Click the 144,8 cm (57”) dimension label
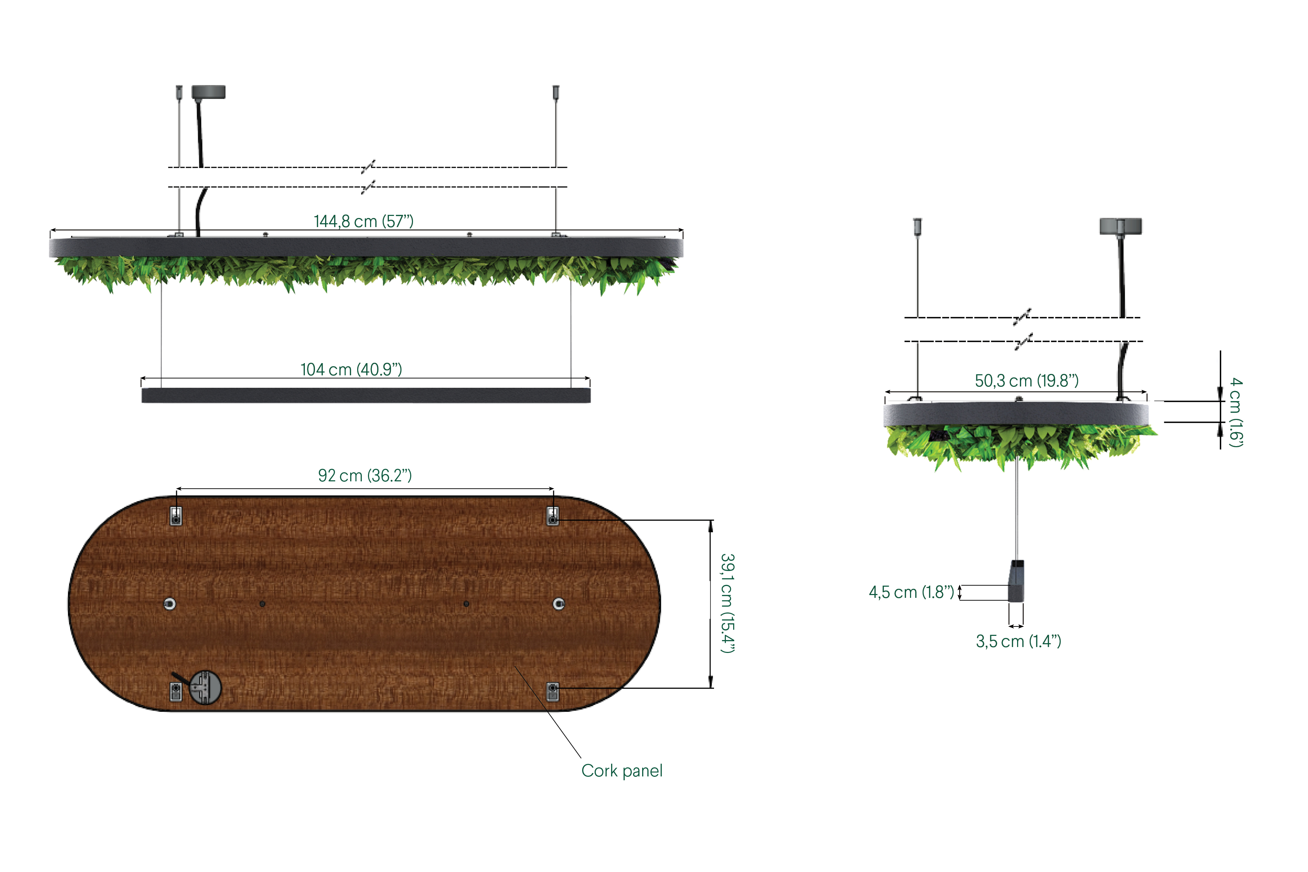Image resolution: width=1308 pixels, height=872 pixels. point(364,221)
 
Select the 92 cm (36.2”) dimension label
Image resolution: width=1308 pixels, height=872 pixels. point(365,475)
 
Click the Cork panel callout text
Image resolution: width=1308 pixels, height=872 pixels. point(622,771)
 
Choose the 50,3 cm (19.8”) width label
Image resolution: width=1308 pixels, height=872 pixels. point(1027,381)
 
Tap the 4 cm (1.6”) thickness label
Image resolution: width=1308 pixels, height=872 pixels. point(1236,412)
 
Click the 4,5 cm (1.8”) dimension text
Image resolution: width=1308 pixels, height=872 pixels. point(911,592)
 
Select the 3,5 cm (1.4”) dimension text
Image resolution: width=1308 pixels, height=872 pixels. point(1018,641)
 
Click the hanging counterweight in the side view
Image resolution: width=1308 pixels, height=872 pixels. point(1016,581)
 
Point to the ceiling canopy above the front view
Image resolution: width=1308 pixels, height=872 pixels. point(209,92)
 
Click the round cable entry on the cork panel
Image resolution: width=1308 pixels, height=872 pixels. point(205,687)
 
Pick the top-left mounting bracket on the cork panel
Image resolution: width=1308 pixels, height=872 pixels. point(176,516)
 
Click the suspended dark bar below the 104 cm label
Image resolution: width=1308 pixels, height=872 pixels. point(366,396)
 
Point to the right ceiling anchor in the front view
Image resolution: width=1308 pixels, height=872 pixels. point(556,92)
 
